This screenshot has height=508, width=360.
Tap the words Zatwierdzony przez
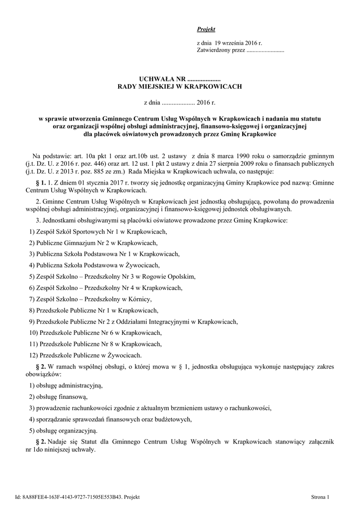tap(221, 51)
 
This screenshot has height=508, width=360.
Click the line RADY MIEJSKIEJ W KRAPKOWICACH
tap(179, 86)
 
